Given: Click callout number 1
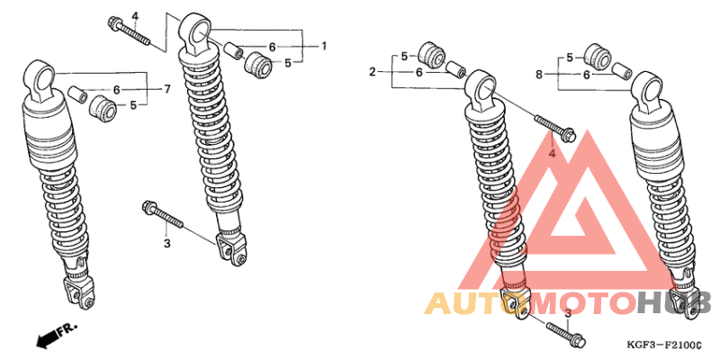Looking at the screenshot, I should [324, 45].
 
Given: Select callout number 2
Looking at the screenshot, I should [372, 70].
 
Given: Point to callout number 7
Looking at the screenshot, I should [166, 88].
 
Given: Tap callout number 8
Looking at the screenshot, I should [538, 75].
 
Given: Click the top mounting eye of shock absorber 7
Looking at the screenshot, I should [40, 77].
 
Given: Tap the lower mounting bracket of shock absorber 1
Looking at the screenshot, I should [231, 247].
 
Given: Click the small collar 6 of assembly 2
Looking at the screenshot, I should [455, 69].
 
